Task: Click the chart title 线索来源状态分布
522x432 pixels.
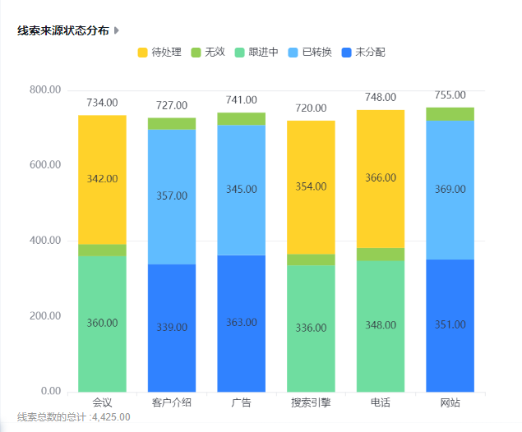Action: [63, 30]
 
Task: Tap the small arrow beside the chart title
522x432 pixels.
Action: [117, 30]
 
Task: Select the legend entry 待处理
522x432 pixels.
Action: [159, 53]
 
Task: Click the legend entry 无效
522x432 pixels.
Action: [208, 53]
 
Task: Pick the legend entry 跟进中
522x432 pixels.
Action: [256, 53]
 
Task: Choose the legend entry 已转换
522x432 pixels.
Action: [310, 53]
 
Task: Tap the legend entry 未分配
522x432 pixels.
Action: [363, 53]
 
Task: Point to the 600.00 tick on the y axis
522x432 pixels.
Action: [45, 164]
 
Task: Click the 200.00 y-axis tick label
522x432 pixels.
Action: [45, 315]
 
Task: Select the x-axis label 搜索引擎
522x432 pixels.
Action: [311, 402]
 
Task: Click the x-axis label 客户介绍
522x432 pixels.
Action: [172, 402]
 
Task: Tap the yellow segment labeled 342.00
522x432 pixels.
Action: [102, 180]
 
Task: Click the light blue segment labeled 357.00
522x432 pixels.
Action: [172, 197]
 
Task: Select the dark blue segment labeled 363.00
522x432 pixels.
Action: [242, 324]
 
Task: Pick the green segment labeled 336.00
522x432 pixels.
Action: [311, 329]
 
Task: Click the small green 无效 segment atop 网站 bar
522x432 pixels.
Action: [450, 114]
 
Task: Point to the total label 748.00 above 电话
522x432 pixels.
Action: [381, 98]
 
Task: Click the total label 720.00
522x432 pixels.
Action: [311, 108]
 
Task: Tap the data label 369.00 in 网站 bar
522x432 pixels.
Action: [450, 189]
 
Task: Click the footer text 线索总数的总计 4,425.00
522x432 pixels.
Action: [73, 417]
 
